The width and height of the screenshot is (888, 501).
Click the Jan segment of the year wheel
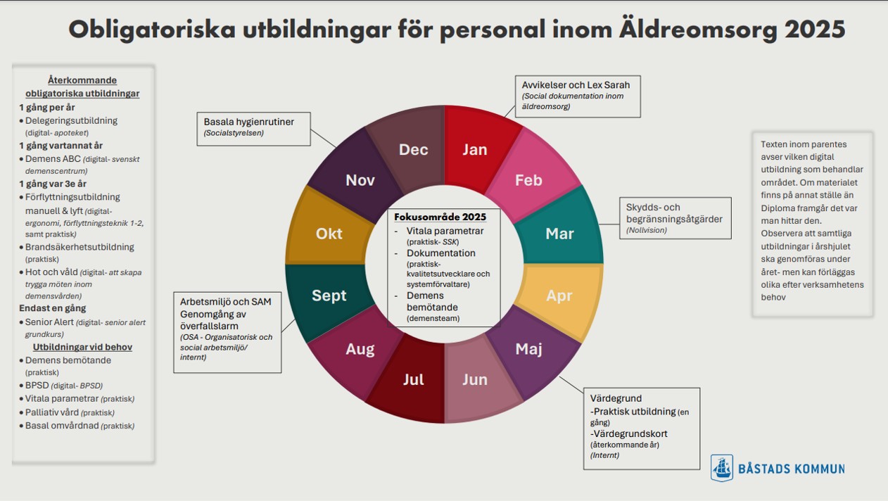click(475, 149)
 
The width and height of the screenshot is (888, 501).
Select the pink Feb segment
click(528, 180)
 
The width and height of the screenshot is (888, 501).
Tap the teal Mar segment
click(559, 234)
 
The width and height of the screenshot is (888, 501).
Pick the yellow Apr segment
click(559, 296)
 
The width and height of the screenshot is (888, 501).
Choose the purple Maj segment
click(528, 349)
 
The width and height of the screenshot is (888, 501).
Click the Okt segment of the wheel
click(329, 234)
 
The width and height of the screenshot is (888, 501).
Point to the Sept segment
click(329, 296)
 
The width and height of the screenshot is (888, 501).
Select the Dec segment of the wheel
click(414, 149)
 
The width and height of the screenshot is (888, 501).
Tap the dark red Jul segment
click(414, 380)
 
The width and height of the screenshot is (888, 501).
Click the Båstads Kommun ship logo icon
click(721, 468)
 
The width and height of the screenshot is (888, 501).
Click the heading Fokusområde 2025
click(445, 217)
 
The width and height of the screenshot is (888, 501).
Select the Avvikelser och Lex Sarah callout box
click(577, 96)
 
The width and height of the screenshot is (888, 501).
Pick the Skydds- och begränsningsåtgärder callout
click(674, 218)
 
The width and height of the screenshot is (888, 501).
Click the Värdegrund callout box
click(640, 427)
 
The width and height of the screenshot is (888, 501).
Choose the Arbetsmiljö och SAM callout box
click(227, 331)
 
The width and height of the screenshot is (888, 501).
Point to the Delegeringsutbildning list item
click(71, 120)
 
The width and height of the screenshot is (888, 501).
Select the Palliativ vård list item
click(53, 412)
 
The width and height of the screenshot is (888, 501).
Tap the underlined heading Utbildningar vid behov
click(82, 347)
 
